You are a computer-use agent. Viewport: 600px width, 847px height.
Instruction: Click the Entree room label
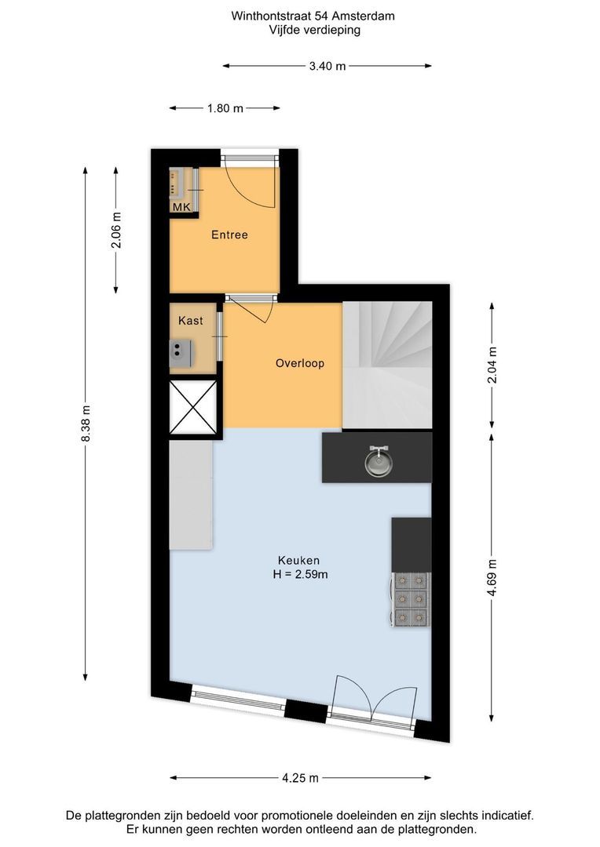click(x=229, y=235)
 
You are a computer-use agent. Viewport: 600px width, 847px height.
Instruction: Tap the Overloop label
click(x=300, y=363)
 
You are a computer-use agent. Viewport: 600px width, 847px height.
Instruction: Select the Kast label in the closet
click(x=190, y=320)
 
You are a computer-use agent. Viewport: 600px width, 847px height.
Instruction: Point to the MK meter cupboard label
click(x=181, y=207)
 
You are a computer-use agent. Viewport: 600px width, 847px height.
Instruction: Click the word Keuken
click(x=298, y=560)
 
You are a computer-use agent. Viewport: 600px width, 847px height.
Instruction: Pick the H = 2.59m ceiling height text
click(x=300, y=574)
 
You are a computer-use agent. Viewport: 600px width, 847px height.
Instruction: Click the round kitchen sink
click(x=379, y=462)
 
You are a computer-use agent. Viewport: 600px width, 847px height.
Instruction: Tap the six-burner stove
click(x=411, y=599)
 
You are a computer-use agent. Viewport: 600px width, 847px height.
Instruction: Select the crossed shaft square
click(x=193, y=407)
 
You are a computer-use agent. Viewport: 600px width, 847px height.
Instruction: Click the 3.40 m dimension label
click(x=327, y=67)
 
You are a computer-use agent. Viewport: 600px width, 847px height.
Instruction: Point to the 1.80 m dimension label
click(x=225, y=108)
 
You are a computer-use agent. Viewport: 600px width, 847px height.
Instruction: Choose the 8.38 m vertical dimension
click(x=86, y=423)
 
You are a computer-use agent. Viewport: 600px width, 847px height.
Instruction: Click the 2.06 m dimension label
click(x=116, y=230)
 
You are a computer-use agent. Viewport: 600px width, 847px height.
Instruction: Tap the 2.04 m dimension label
click(x=492, y=365)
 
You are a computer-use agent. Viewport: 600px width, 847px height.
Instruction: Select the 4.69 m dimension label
click(x=492, y=577)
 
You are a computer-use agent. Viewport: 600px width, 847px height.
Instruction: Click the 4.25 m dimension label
click(x=300, y=779)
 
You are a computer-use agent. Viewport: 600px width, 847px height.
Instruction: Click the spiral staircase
click(x=387, y=366)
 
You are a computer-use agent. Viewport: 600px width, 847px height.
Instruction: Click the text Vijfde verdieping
click(x=315, y=30)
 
